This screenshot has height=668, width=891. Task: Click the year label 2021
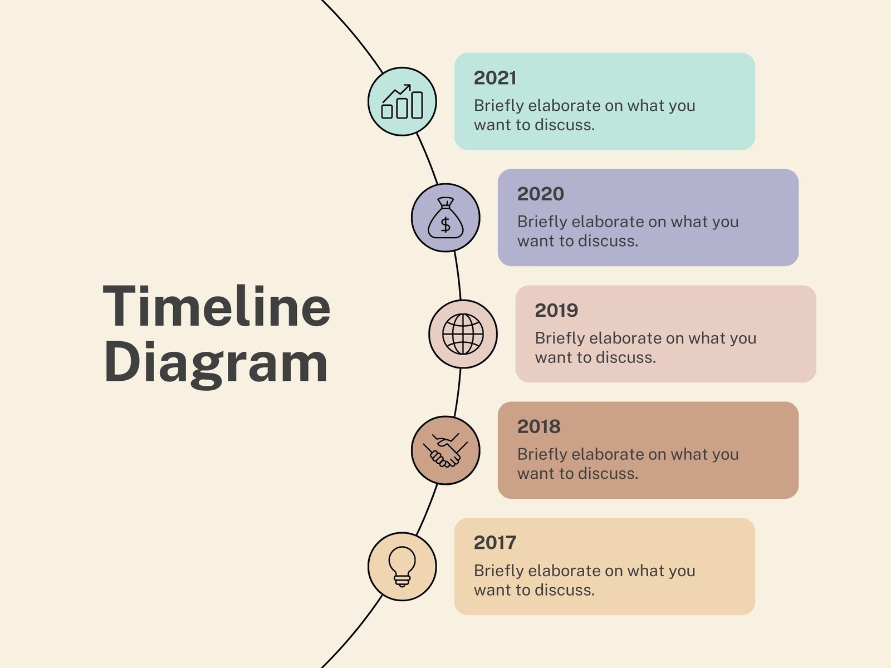click(495, 78)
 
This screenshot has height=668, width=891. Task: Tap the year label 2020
click(540, 194)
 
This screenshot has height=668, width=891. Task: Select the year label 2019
click(556, 310)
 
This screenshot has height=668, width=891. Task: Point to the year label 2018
click(538, 426)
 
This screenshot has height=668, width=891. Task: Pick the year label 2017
click(495, 543)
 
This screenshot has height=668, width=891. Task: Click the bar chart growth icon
click(402, 101)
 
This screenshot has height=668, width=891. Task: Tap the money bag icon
click(445, 218)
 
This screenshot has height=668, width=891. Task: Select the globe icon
click(463, 334)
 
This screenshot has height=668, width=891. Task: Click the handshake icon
click(445, 450)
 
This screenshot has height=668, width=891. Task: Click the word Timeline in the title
click(217, 306)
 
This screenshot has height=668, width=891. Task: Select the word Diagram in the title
click(216, 362)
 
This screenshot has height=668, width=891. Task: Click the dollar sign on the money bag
click(445, 225)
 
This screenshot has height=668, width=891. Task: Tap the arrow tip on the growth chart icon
click(409, 85)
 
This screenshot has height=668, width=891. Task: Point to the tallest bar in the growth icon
click(417, 105)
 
